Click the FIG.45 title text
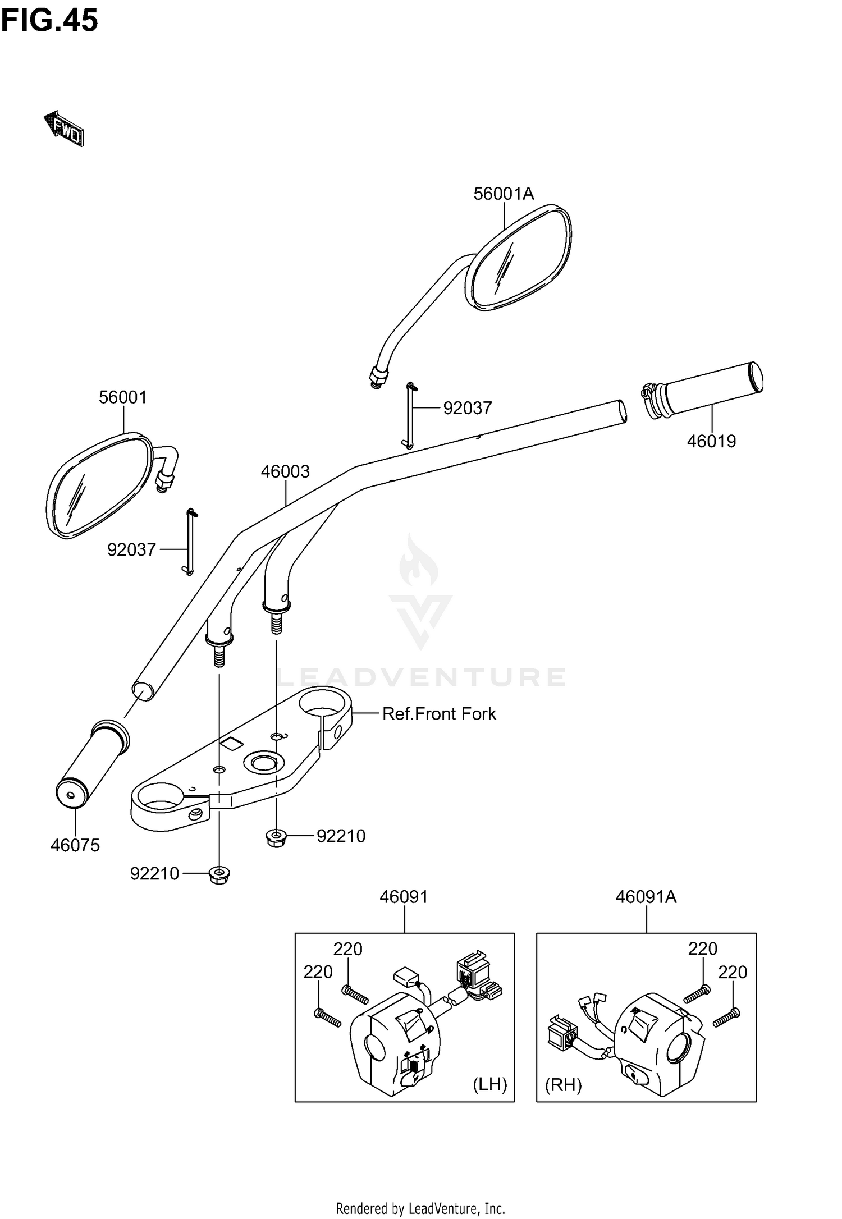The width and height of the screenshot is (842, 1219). point(49,21)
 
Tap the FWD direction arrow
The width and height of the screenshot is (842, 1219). point(64,129)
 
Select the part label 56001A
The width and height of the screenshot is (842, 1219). point(504,194)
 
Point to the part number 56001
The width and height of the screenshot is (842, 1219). point(122,397)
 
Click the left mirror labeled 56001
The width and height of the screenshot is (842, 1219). point(98,485)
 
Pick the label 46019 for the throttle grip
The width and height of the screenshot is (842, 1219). point(711,441)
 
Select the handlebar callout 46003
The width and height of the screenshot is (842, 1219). point(285,471)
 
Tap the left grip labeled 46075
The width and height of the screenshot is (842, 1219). point(93,763)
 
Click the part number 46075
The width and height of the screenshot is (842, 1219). point(75,845)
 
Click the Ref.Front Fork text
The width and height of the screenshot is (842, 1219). point(439,714)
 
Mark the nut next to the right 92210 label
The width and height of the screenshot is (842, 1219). point(276,838)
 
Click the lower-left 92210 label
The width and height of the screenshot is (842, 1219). point(154,874)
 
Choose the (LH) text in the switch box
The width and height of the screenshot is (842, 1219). point(489,1084)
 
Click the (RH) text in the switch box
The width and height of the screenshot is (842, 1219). point(563,1085)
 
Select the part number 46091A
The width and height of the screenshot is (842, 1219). point(646,897)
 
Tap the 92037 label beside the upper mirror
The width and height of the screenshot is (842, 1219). point(467,408)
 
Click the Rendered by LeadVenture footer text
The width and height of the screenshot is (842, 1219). point(420,1208)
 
